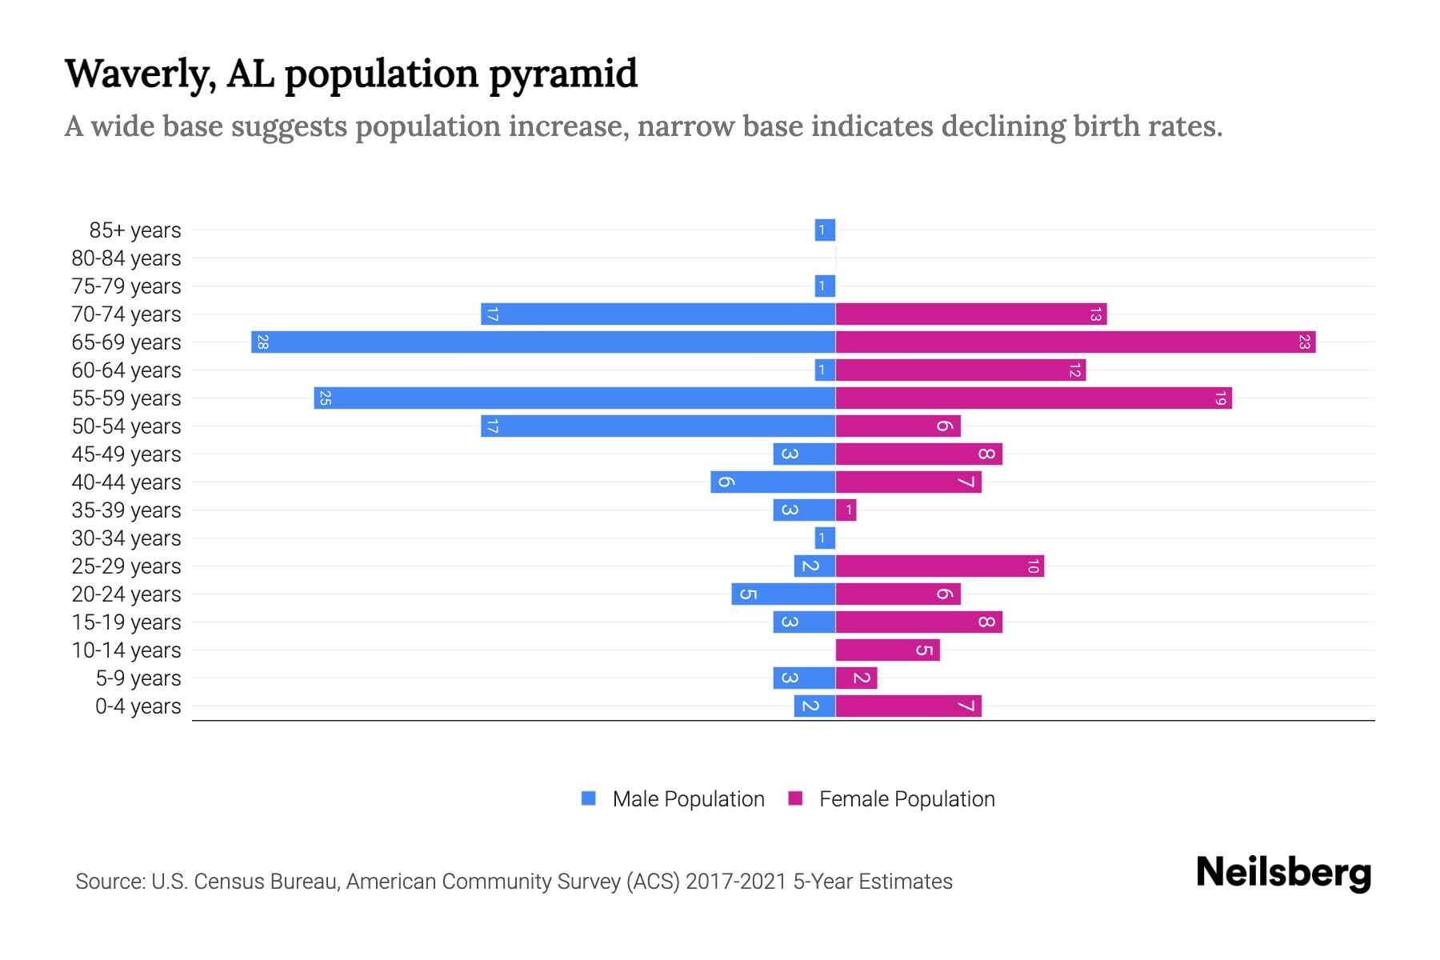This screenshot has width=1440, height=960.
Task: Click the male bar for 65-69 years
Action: click(x=544, y=342)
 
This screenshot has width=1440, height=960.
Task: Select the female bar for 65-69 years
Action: click(x=1075, y=342)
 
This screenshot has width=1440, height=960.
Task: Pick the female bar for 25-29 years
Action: click(x=940, y=566)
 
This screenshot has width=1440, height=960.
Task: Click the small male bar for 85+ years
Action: click(x=825, y=230)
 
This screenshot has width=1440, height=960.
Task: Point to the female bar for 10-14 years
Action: click(x=887, y=650)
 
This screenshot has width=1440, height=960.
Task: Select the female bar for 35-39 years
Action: click(x=846, y=510)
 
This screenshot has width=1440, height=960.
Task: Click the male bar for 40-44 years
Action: click(x=773, y=482)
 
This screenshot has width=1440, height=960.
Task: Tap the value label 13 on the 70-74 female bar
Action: click(x=1095, y=314)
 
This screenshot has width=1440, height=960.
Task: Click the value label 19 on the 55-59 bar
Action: click(x=1220, y=398)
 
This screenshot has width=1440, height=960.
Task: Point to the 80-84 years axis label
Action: click(x=126, y=258)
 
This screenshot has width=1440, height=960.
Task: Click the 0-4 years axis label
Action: click(x=138, y=706)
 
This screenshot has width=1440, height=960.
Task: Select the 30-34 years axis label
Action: click(x=126, y=538)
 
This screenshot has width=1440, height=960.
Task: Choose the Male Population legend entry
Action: click(x=688, y=799)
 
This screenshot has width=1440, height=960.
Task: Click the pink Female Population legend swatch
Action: click(x=795, y=798)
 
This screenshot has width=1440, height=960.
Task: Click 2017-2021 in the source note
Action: click(x=735, y=882)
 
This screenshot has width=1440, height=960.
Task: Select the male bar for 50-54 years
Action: click(x=658, y=426)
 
